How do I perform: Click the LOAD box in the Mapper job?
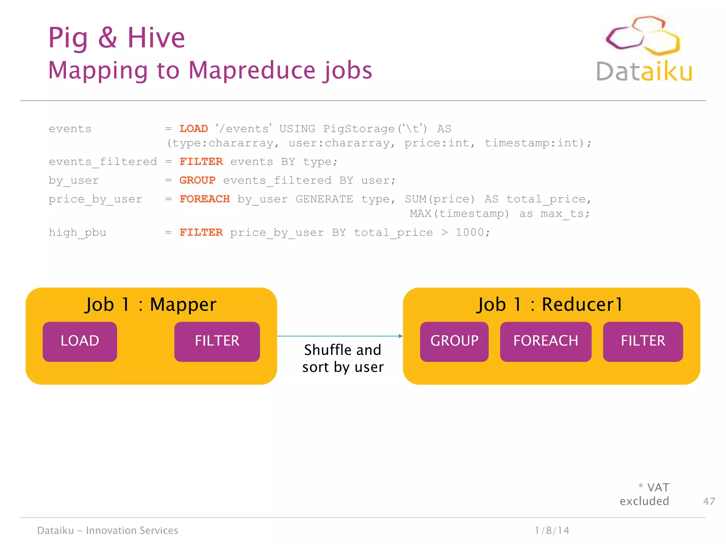pyautogui.click(x=80, y=341)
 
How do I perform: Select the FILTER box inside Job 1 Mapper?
pyautogui.click(x=217, y=341)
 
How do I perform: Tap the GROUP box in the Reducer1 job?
pyautogui.click(x=454, y=341)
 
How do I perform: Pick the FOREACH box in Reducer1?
pyautogui.click(x=546, y=341)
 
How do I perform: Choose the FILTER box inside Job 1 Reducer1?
pyautogui.click(x=643, y=341)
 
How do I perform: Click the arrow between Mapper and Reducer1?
pyautogui.click(x=340, y=336)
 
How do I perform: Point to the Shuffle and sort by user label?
pyautogui.click(x=343, y=358)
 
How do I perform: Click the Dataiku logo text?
pyautogui.click(x=644, y=72)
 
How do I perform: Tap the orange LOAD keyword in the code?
pyautogui.click(x=194, y=129)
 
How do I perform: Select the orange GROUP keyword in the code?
pyautogui.click(x=197, y=180)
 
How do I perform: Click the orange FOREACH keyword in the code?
pyautogui.click(x=205, y=199)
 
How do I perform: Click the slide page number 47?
pyautogui.click(x=709, y=501)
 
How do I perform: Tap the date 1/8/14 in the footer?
pyautogui.click(x=552, y=530)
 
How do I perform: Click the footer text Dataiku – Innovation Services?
pyautogui.click(x=108, y=530)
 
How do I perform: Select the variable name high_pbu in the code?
pyautogui.click(x=77, y=233)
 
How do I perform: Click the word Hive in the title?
pyautogui.click(x=156, y=38)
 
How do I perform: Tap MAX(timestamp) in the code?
pyautogui.click(x=459, y=214)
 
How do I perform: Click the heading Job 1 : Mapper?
pyautogui.click(x=151, y=305)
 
